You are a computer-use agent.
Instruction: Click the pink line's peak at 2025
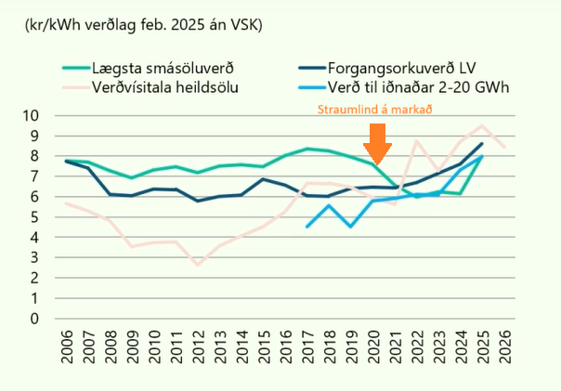pyautogui.click(x=481, y=126)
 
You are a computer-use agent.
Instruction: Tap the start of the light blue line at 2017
pyautogui.click(x=307, y=227)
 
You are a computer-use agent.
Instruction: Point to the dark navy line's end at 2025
pyautogui.click(x=481, y=144)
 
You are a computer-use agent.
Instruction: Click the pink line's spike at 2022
pyautogui.click(x=416, y=141)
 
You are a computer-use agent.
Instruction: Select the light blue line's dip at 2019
pyautogui.click(x=350, y=227)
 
